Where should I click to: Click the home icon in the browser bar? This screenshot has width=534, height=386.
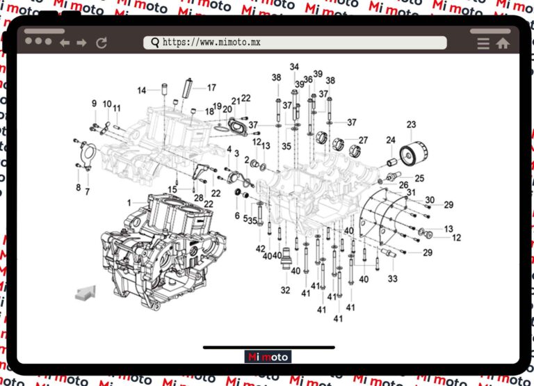tap(503, 43)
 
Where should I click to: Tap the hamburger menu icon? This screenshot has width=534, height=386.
tap(483, 43)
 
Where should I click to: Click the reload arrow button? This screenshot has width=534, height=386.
tap(102, 43)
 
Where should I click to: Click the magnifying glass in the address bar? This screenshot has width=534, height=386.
tap(154, 42)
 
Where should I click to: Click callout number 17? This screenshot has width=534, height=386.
tap(211, 88)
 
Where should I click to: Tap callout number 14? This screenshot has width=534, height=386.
tap(141, 90)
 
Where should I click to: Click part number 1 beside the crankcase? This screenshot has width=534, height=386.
tap(129, 202)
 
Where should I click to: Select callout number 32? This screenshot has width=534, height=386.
tap(285, 289)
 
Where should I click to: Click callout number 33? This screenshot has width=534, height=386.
tap(393, 279)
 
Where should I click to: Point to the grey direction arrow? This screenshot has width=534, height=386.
tap(85, 292)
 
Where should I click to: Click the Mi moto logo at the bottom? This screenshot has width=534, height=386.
tap(268, 357)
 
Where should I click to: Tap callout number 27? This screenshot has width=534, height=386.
tap(363, 140)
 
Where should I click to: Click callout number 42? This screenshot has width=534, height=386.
tap(260, 248)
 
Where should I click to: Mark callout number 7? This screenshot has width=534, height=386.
tap(87, 191)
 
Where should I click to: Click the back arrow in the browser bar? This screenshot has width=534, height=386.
tap(65, 43)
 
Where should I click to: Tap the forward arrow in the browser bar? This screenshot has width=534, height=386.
tap(82, 43)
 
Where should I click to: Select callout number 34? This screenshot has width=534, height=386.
tap(294, 67)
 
